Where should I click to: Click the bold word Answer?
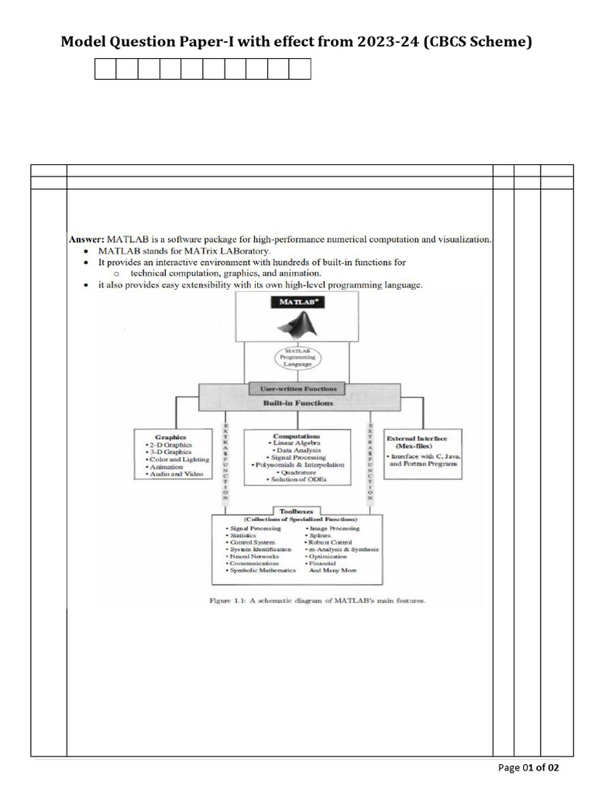coord(86,239)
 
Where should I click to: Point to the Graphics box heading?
coord(170,437)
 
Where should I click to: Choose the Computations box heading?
coord(296,436)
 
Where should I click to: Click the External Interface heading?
coord(422,438)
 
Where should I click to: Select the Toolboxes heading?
coord(297,511)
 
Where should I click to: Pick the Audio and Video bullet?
coord(174,474)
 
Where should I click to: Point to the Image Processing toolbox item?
coord(334,528)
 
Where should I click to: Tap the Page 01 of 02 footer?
coord(528,767)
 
